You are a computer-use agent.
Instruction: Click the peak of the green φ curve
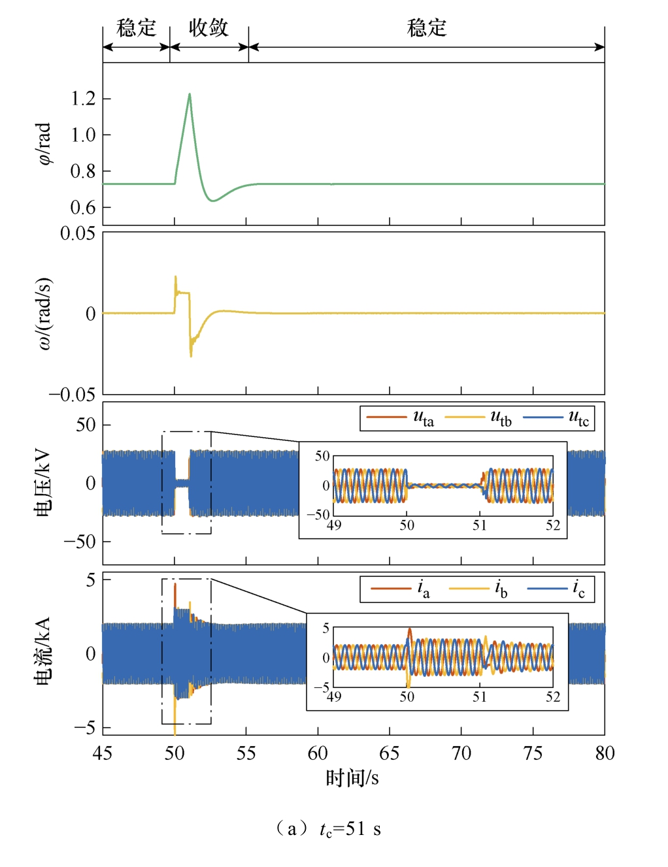(x=190, y=94)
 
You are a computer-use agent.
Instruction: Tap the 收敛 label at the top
(x=209, y=28)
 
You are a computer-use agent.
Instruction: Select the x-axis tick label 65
(x=389, y=754)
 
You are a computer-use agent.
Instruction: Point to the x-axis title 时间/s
(x=352, y=778)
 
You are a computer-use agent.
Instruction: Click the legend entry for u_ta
(x=400, y=417)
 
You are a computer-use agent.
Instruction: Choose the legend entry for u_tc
(x=556, y=417)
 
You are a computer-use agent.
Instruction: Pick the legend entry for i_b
(x=478, y=589)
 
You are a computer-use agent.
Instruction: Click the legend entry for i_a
(x=401, y=589)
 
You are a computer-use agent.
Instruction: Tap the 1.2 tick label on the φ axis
(x=83, y=99)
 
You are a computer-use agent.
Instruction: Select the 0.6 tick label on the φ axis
(x=83, y=208)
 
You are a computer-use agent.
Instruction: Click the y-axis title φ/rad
(x=44, y=144)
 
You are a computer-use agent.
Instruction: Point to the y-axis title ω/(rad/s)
(x=44, y=313)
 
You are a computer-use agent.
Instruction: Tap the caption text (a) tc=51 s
(x=328, y=829)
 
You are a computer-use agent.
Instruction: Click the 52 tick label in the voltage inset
(x=553, y=525)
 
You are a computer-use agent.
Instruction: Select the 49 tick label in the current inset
(x=334, y=697)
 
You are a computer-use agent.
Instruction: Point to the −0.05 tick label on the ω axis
(x=73, y=395)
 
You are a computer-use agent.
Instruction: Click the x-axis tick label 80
(x=605, y=754)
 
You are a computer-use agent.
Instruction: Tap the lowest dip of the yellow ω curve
(x=191, y=356)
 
